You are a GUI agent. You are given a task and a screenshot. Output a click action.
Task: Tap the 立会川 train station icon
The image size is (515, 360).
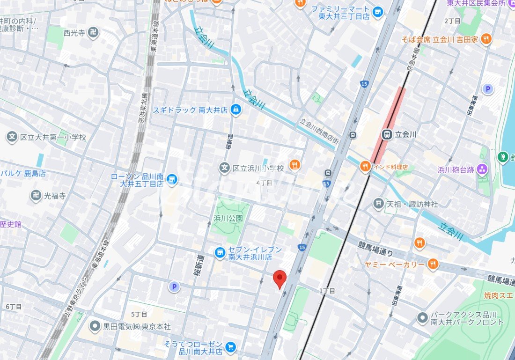[x=387, y=134]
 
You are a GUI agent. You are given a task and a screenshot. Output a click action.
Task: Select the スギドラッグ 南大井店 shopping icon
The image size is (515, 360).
[x=236, y=110]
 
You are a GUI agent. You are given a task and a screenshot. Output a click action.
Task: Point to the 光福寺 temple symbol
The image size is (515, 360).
[x=36, y=196]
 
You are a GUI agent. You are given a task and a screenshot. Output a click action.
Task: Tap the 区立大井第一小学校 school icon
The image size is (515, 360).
[x=12, y=137]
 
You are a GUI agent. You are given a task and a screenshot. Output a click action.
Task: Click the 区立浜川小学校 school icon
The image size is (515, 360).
[x=225, y=168]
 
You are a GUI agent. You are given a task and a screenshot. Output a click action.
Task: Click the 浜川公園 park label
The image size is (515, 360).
[x=228, y=218]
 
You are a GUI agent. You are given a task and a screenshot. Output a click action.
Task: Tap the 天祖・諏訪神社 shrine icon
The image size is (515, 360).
[x=378, y=204]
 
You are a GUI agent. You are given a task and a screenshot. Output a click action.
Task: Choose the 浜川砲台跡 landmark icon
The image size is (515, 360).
[x=483, y=169]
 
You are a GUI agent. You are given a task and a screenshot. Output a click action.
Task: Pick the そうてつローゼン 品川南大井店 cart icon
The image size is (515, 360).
[x=230, y=347]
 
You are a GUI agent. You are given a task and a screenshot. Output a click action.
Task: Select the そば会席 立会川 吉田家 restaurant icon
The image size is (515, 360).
[x=486, y=39]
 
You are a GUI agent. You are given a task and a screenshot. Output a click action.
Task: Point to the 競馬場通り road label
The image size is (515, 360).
[x=375, y=248]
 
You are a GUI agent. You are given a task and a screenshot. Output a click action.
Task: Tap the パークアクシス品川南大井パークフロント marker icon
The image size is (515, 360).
[x=422, y=317]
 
